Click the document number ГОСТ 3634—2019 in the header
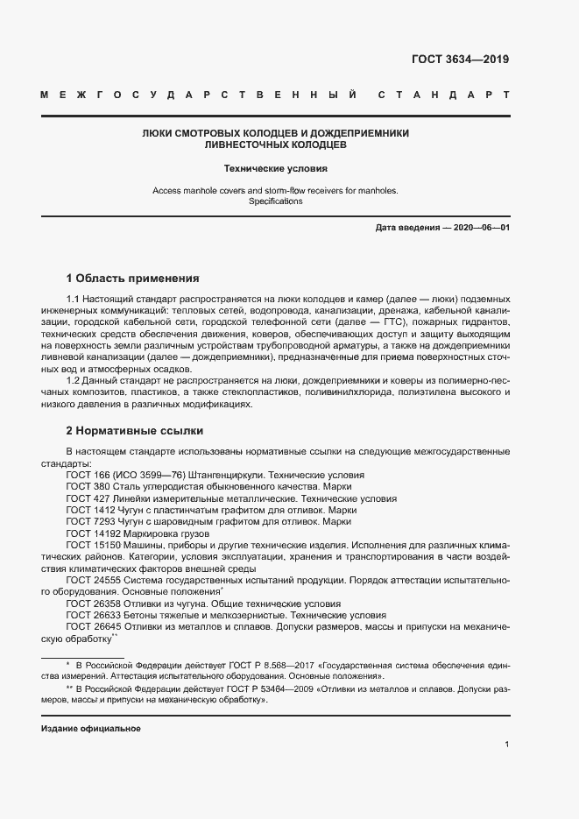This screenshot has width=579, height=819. [x=460, y=60]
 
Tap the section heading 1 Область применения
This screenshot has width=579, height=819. [x=133, y=279]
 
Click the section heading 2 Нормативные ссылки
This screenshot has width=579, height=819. [x=135, y=431]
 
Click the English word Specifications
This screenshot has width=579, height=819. [x=275, y=201]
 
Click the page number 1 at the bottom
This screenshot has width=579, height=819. [x=507, y=744]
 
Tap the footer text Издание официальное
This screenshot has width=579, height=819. [x=90, y=729]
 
